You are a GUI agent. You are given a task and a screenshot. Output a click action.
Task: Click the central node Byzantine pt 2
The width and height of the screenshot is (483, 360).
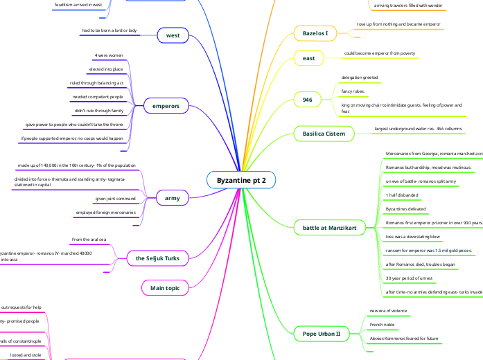(x=241, y=180)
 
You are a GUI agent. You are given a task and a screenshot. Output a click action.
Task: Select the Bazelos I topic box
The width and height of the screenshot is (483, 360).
(x=315, y=33)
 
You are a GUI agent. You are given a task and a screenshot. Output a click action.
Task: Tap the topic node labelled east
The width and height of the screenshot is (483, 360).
(x=308, y=58)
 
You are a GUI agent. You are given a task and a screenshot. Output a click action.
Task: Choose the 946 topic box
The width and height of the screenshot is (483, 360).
(x=308, y=100)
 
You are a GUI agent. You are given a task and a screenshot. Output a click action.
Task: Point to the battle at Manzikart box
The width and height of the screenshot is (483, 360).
(x=330, y=227)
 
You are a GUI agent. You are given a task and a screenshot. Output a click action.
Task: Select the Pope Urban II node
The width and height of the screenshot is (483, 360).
(x=322, y=334)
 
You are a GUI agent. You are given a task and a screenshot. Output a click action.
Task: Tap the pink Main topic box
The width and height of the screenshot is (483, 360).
(x=166, y=287)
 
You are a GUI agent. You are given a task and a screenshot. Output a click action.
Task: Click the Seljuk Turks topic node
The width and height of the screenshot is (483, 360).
(x=157, y=258)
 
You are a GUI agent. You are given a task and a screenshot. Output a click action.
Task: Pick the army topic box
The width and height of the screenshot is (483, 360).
(x=172, y=199)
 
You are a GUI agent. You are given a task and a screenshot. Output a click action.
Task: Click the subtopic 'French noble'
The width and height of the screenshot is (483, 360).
(x=383, y=324)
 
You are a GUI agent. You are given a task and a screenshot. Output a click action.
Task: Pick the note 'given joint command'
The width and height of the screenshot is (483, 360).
(x=115, y=199)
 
